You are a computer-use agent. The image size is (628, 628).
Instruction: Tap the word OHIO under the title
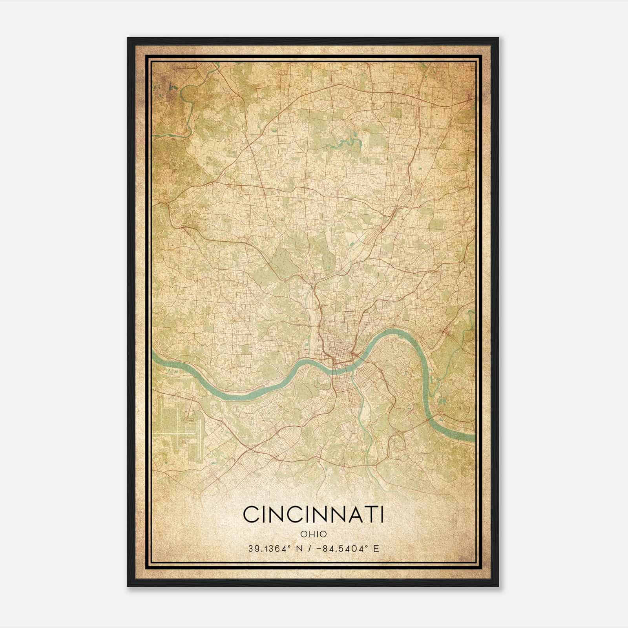point(313,534)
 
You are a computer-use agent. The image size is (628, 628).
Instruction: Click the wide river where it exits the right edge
point(469,436)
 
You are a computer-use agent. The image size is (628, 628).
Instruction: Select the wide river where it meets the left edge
point(155,357)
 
